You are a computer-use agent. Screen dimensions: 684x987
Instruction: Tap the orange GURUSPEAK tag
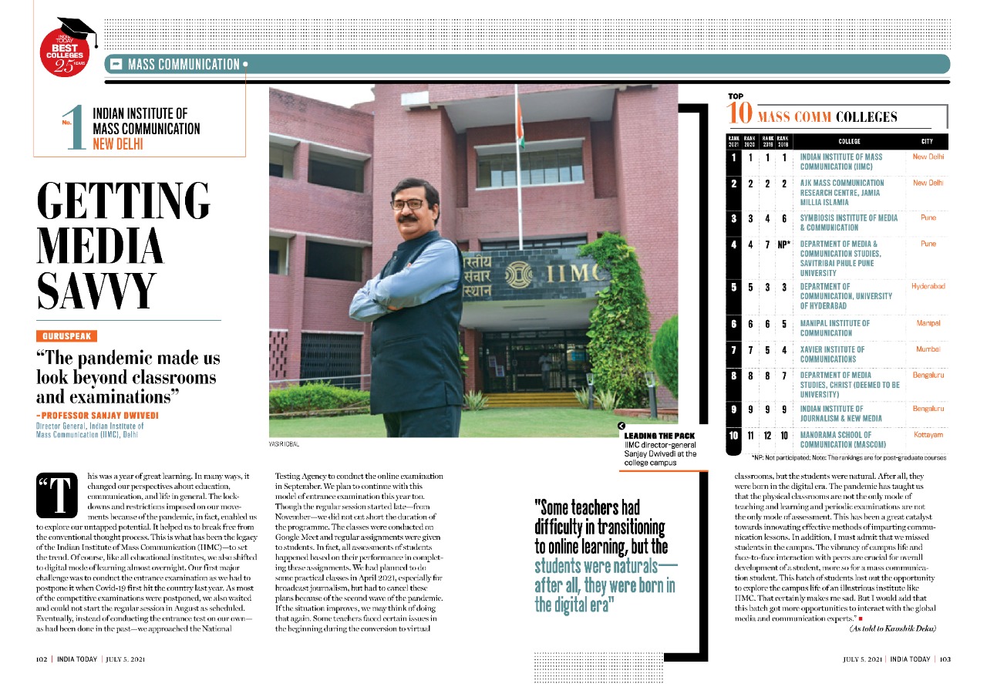pos(67,335)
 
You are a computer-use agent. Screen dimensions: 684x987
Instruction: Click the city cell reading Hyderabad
pos(928,286)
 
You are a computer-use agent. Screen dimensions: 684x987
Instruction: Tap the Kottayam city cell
pos(928,435)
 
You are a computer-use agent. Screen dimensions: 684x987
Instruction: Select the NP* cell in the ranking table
pos(784,244)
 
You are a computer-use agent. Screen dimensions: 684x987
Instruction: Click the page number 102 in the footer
pos(43,660)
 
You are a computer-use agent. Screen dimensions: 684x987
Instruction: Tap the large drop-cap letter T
pos(58,494)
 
